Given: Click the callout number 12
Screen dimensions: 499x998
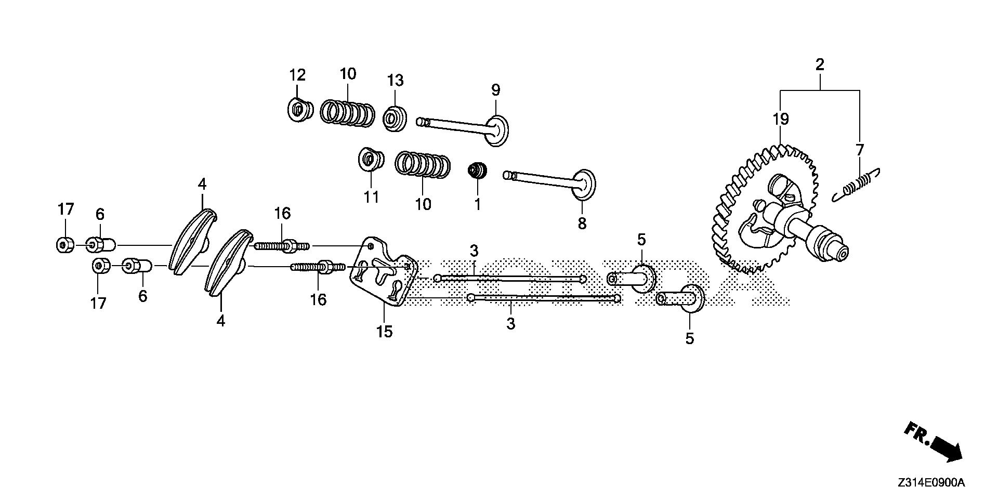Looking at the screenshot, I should point(297,75).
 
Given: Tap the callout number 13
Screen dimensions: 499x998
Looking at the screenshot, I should point(395,81).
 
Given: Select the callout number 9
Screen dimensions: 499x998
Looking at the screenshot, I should point(496,90).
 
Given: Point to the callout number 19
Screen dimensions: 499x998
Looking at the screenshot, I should point(781,120).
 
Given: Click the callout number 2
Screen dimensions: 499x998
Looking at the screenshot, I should point(820,65).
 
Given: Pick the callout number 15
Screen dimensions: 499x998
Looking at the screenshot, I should point(385,332).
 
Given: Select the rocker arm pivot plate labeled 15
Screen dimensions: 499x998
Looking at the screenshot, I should point(382,275).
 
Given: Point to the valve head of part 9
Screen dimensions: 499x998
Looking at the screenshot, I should point(497,130).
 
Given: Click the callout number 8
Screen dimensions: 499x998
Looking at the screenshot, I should point(582,224).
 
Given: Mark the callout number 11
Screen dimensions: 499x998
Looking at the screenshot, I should point(371,198).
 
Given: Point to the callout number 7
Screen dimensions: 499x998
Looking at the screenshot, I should point(860,150).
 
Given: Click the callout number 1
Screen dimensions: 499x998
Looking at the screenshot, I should point(477,204).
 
